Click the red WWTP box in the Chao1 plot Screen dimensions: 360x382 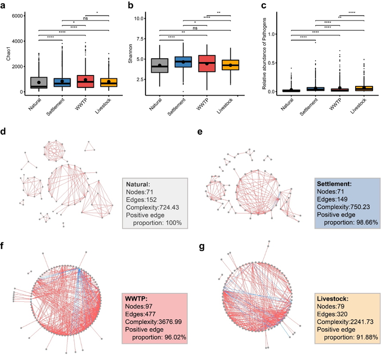[85, 81]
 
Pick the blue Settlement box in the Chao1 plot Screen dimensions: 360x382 [62, 82]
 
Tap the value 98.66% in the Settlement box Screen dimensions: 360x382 [363, 223]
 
